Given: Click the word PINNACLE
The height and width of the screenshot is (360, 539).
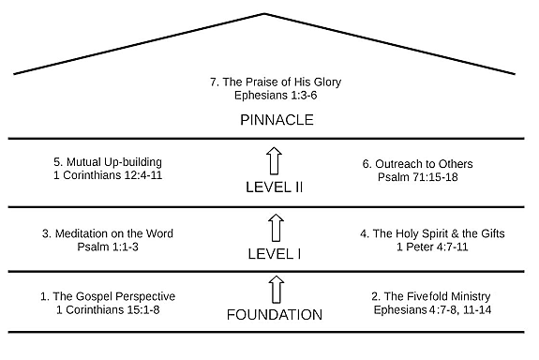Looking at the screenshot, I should pyautogui.click(x=275, y=121).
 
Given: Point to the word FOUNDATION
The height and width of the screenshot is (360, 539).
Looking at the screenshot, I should pyautogui.click(x=275, y=315).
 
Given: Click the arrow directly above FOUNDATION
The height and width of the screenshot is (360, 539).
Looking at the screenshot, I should pyautogui.click(x=275, y=289).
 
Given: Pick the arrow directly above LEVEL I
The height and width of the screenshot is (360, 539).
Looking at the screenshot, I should pyautogui.click(x=275, y=226).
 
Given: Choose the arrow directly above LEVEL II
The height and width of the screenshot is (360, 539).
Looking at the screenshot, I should pyautogui.click(x=275, y=160).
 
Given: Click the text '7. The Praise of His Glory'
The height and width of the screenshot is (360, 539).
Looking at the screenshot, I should pyautogui.click(x=275, y=82).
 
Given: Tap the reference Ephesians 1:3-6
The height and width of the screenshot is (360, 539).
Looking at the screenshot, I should pyautogui.click(x=275, y=95).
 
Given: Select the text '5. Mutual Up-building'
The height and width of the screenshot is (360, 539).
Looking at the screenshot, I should pyautogui.click(x=113, y=162).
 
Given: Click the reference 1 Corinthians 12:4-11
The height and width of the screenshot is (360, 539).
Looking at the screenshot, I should pyautogui.click(x=113, y=175).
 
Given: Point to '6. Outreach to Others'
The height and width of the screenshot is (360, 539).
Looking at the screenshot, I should pyautogui.click(x=418, y=164).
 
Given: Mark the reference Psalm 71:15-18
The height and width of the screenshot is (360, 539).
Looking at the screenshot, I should pyautogui.click(x=418, y=177).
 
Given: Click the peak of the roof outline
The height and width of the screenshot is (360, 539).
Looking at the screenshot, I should pyautogui.click(x=265, y=14).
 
